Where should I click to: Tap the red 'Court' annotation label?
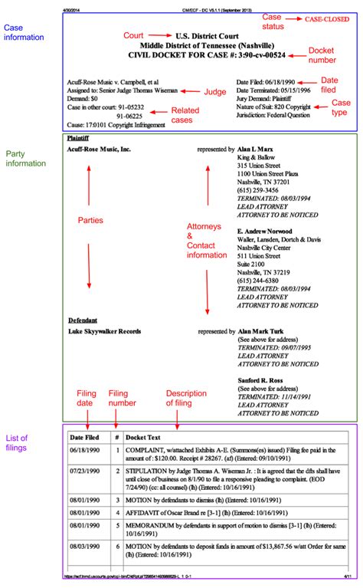tap(133, 35)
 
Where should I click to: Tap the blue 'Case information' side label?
tap(23, 33)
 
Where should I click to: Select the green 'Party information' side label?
tap(23, 159)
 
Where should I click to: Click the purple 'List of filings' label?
tap(19, 441)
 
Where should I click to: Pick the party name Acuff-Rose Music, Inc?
tap(99, 149)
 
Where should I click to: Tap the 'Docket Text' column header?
tap(143, 436)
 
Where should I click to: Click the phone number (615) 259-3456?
tap(259, 189)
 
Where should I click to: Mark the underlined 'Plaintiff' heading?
tap(79, 139)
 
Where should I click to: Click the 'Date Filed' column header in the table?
tap(86, 436)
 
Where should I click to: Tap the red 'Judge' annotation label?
tap(215, 92)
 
